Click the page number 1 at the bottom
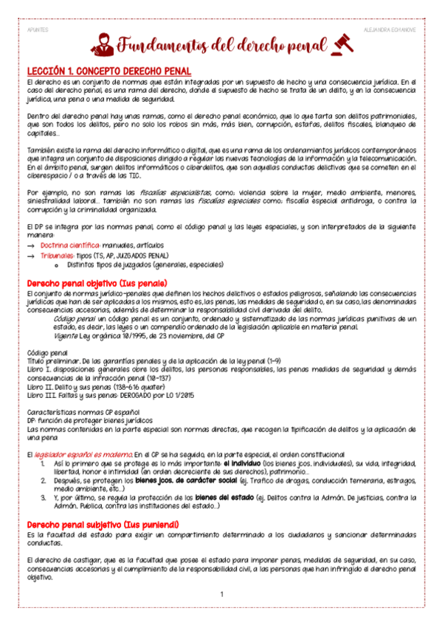click(221, 594)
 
